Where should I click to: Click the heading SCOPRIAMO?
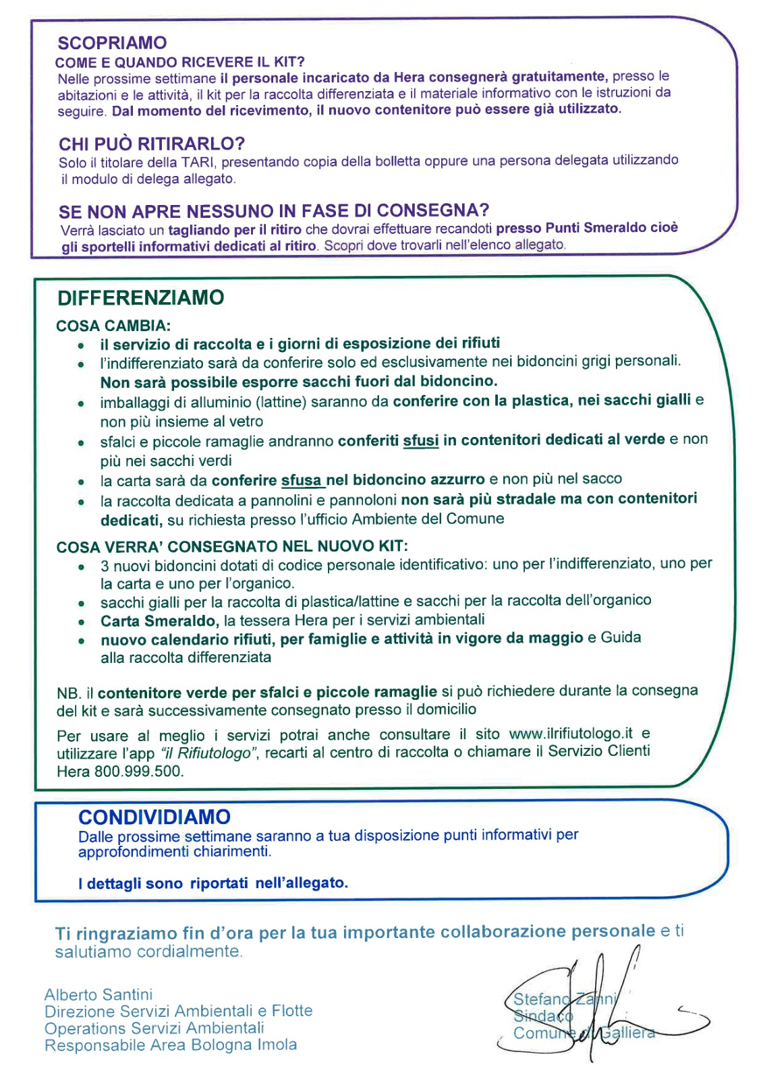pyautogui.click(x=112, y=43)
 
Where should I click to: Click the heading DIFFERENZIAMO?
pyautogui.click(x=140, y=298)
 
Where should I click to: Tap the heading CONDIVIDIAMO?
pyautogui.click(x=154, y=817)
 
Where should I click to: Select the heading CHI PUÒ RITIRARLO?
pyautogui.click(x=151, y=144)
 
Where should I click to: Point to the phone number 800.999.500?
pyautogui.click(x=138, y=771)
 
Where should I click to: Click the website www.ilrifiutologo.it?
pyautogui.click(x=571, y=734)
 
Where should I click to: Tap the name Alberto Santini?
pyautogui.click(x=98, y=995)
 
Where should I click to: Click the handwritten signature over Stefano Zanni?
pyautogui.click(x=594, y=1005)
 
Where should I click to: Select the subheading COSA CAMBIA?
pyautogui.click(x=113, y=326)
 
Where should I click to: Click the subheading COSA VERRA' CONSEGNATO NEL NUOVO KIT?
pyautogui.click(x=232, y=546)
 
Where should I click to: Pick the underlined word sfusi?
pyautogui.click(x=421, y=441)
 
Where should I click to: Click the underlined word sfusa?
pyautogui.click(x=302, y=480)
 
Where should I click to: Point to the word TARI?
pyautogui.click(x=198, y=162)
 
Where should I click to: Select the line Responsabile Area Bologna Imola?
pyautogui.click(x=171, y=1045)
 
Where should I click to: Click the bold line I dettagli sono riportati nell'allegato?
pyautogui.click(x=213, y=883)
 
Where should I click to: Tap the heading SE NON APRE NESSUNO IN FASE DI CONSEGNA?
pyautogui.click(x=274, y=212)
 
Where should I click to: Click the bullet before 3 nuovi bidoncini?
pyautogui.click(x=81, y=566)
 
